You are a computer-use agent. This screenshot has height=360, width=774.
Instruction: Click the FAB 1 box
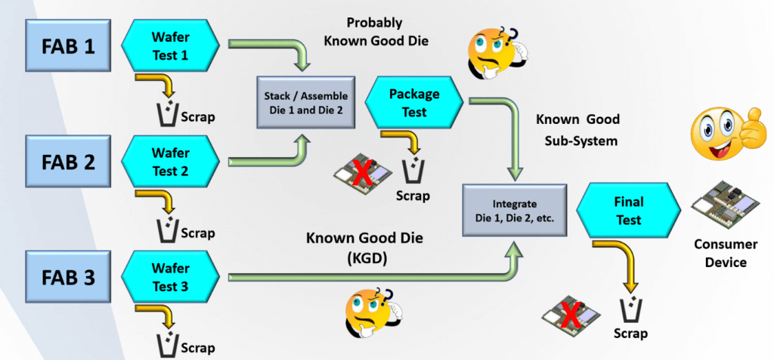point(67,47)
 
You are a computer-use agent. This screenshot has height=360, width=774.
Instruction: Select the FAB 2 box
point(67,161)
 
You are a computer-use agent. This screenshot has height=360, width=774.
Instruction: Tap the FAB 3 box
point(67,277)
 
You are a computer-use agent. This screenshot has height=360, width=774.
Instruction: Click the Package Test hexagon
point(413,103)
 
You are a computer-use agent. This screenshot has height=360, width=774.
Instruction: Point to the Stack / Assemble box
point(305,104)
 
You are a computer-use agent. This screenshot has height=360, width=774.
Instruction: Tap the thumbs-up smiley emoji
point(722,130)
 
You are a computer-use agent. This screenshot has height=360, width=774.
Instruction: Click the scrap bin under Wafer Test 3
point(168,342)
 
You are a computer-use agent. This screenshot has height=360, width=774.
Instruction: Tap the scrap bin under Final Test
point(630,309)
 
